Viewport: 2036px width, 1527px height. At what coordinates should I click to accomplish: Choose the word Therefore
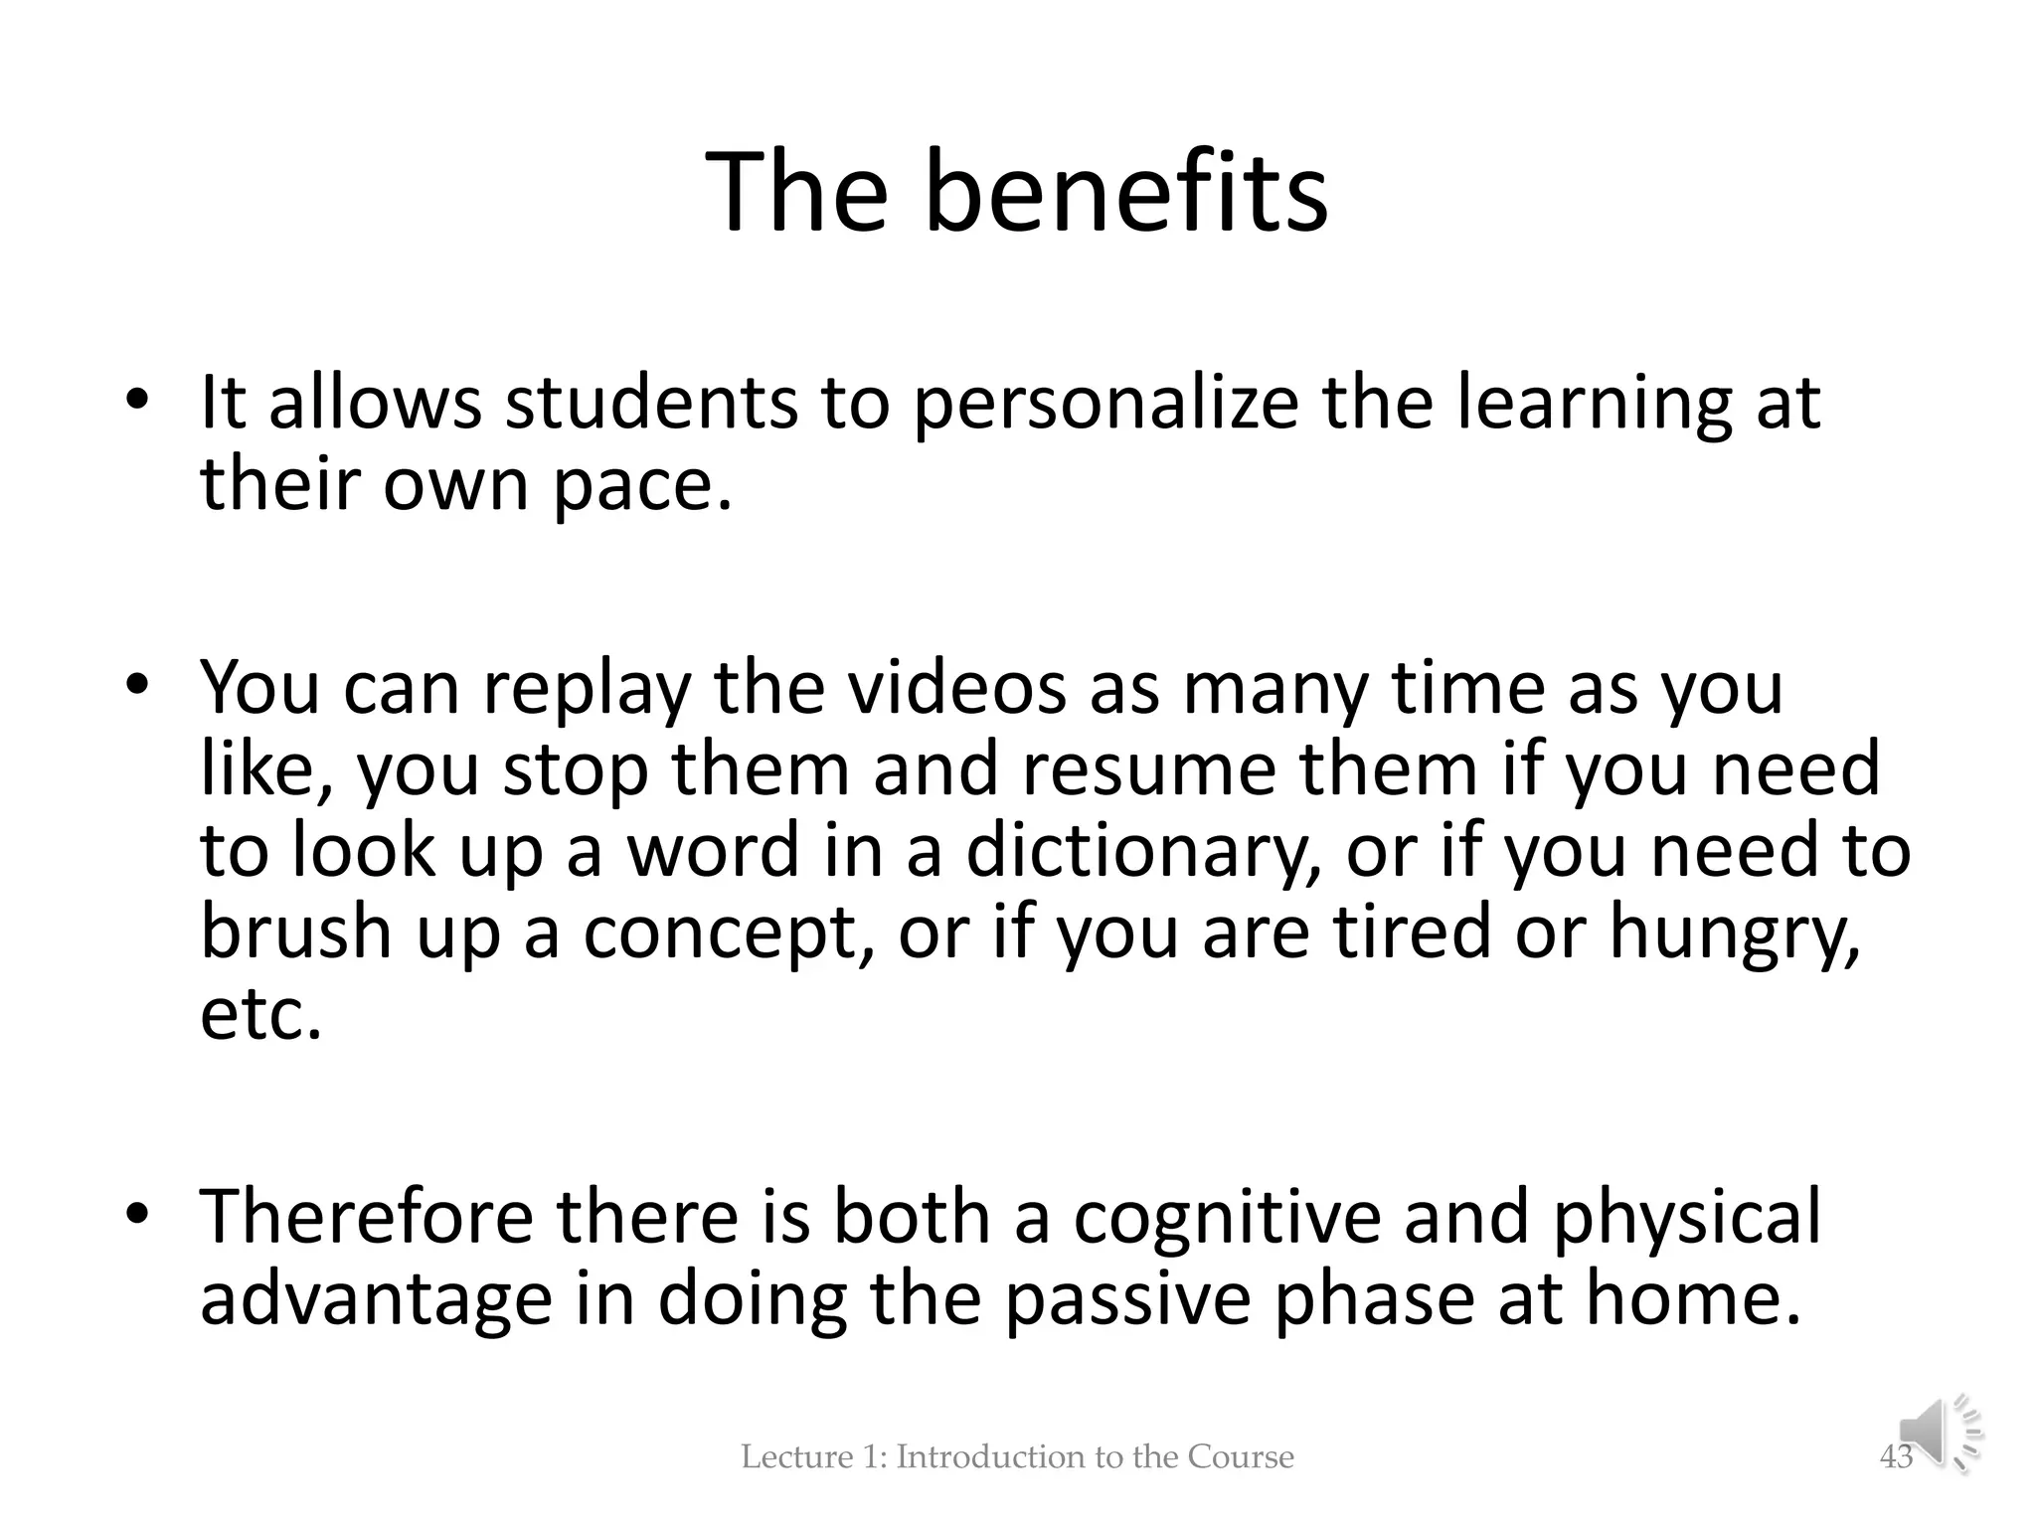pyautogui.click(x=366, y=1217)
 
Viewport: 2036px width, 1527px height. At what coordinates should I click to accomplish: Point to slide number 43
pyautogui.click(x=1896, y=1457)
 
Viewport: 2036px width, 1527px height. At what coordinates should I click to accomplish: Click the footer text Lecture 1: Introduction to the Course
pyautogui.click(x=1017, y=1457)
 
